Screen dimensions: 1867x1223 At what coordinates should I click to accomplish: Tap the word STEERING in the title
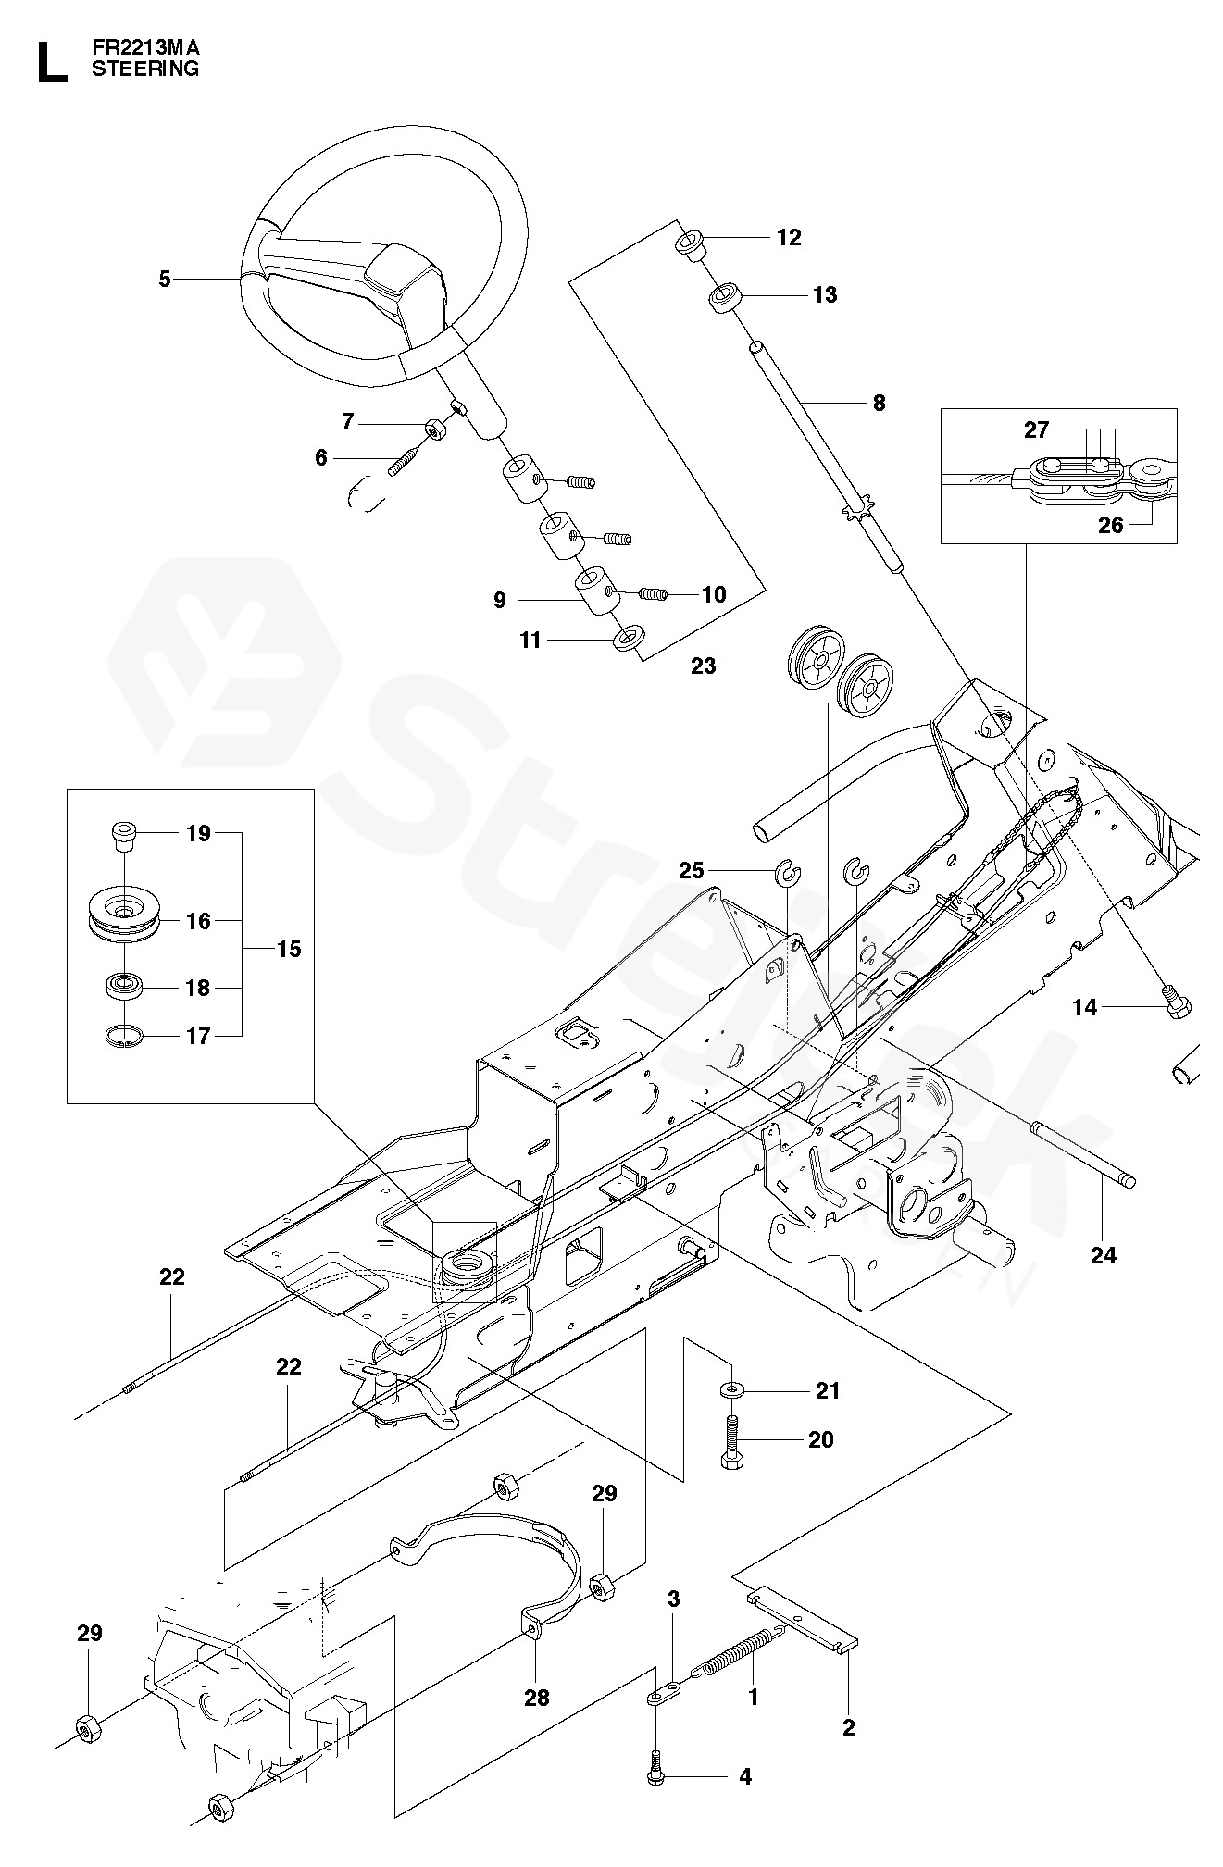[145, 68]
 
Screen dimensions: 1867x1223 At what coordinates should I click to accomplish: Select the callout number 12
[789, 238]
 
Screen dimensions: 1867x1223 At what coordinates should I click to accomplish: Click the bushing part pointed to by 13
[728, 299]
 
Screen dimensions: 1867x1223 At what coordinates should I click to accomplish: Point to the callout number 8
[879, 403]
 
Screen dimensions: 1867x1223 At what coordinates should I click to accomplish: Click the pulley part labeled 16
[125, 919]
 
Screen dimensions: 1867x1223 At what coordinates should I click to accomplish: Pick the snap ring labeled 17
[122, 1038]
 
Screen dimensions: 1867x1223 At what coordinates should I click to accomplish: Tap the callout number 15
[289, 949]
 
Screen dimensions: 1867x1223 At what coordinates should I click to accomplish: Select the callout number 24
[1104, 1255]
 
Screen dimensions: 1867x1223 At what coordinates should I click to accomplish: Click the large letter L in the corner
[51, 62]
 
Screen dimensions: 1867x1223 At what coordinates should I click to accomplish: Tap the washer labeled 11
[630, 640]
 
